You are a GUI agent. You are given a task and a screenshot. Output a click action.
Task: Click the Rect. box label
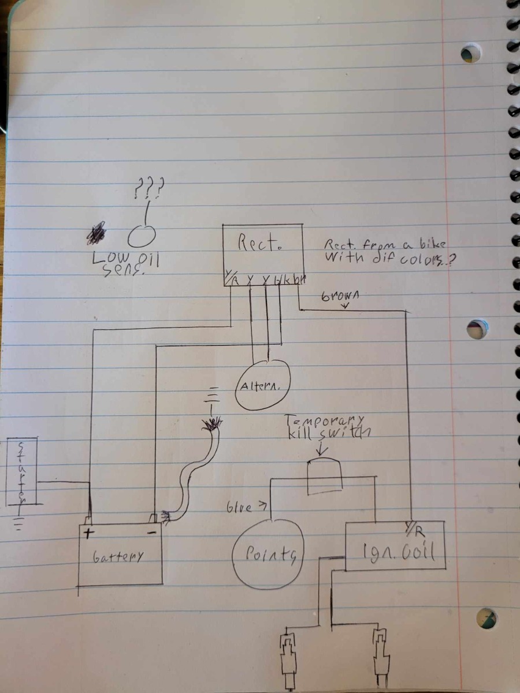(x=258, y=244)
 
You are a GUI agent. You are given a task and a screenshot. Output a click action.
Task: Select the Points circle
(x=268, y=555)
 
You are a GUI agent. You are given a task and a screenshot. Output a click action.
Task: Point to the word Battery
(x=118, y=557)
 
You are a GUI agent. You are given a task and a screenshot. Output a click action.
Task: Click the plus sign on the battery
(x=88, y=532)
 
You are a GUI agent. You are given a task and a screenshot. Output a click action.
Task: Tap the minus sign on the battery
(x=152, y=532)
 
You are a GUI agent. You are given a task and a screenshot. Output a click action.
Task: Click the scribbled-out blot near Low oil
(x=96, y=233)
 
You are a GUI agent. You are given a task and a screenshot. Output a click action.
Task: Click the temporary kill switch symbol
(x=324, y=476)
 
